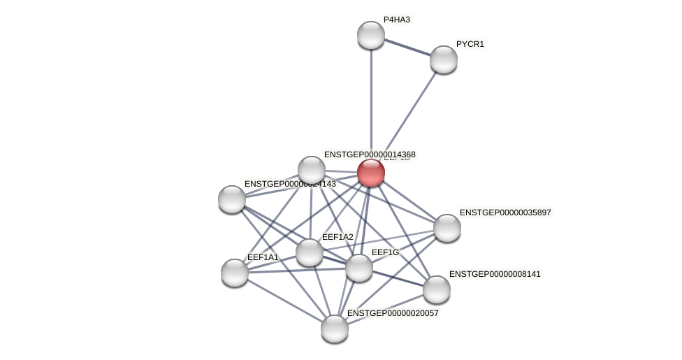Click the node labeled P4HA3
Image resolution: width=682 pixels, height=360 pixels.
(x=371, y=35)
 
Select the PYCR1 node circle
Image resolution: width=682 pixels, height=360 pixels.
(x=444, y=59)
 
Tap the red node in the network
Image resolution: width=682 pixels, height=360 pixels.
(x=371, y=173)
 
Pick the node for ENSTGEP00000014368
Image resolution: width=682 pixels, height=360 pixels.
(x=312, y=170)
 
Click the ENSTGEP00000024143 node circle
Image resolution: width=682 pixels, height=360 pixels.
(x=232, y=199)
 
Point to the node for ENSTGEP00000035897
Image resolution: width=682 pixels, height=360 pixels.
(x=447, y=228)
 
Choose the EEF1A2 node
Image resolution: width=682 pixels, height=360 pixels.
(x=310, y=252)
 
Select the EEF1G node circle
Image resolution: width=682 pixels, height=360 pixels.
(x=359, y=268)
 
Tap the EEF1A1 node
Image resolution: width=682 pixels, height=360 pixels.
(x=235, y=273)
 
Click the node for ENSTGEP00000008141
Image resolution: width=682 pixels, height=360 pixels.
(x=437, y=289)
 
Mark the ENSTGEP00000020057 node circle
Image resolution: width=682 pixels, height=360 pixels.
(x=335, y=329)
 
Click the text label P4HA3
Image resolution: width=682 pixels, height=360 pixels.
(x=397, y=20)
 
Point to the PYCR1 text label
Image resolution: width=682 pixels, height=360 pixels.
(x=470, y=44)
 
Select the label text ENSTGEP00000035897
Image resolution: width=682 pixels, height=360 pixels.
(x=505, y=213)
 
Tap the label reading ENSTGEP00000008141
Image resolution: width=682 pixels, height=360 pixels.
(x=495, y=274)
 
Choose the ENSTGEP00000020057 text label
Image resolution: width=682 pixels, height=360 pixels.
(x=393, y=313)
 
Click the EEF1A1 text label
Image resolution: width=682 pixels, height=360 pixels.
(x=263, y=257)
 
